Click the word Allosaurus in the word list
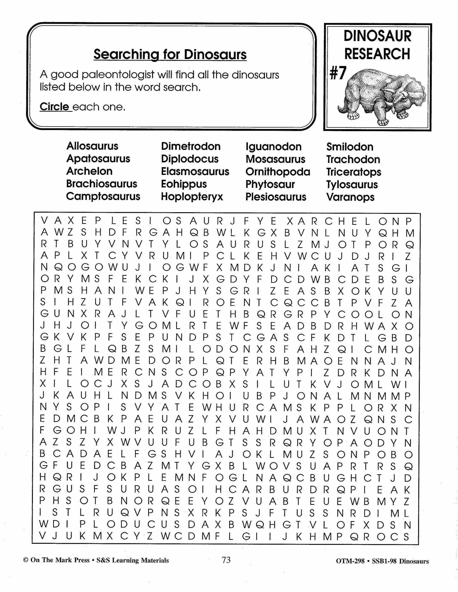click(92, 146)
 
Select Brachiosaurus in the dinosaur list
click(102, 184)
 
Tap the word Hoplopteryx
click(192, 197)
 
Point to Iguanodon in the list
click(274, 147)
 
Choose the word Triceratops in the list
click(354, 172)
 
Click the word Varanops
click(350, 197)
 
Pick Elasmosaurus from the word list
click(195, 172)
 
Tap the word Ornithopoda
click(278, 172)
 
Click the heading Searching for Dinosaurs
click(170, 55)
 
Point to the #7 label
click(338, 73)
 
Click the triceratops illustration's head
click(404, 98)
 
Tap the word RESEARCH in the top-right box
click(377, 54)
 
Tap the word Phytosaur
click(270, 184)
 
